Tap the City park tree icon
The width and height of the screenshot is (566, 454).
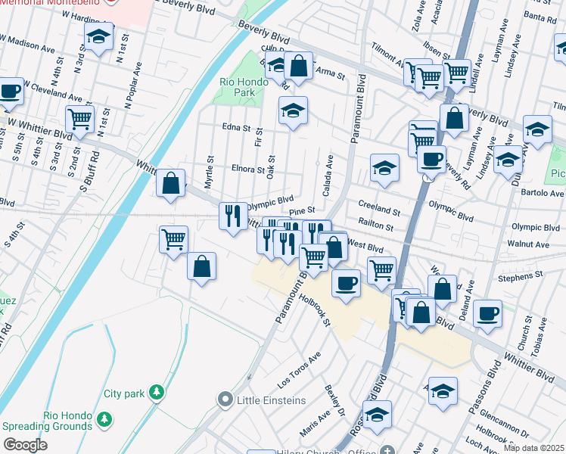pos(156,392)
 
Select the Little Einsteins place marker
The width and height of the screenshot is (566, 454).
pos(225,400)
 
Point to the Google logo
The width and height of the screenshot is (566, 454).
pos(24,445)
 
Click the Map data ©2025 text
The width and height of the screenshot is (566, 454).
pos(534,448)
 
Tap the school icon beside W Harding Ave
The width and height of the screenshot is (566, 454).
pos(98,37)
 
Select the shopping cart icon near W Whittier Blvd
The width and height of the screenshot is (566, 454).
pos(80,118)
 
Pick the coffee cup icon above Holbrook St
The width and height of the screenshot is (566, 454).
pos(347,283)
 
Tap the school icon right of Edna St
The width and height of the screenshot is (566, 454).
pos(293,110)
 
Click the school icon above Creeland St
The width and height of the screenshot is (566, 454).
pos(384,168)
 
